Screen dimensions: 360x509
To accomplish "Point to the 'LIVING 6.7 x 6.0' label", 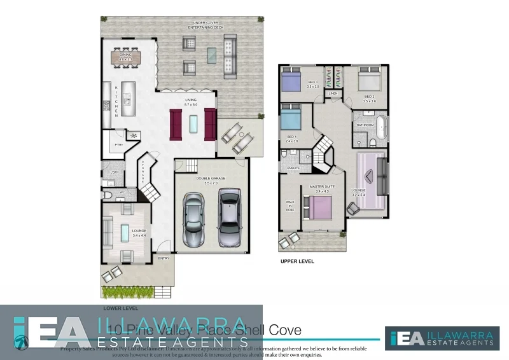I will (191, 102).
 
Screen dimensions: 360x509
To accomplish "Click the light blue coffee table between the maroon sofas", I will (193, 123).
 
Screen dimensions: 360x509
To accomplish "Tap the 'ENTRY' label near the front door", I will (164, 258).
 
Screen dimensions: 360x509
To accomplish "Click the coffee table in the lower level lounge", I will (125, 233).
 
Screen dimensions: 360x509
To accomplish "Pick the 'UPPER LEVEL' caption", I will (296, 261).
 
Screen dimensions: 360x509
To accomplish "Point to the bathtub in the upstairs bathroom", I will (382, 127).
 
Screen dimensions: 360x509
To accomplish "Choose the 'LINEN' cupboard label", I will (333, 93).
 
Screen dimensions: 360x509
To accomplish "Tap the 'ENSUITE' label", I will (293, 168).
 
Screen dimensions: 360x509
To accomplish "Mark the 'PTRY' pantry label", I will (118, 145).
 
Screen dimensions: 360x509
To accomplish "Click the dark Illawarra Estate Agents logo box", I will (442, 338).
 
